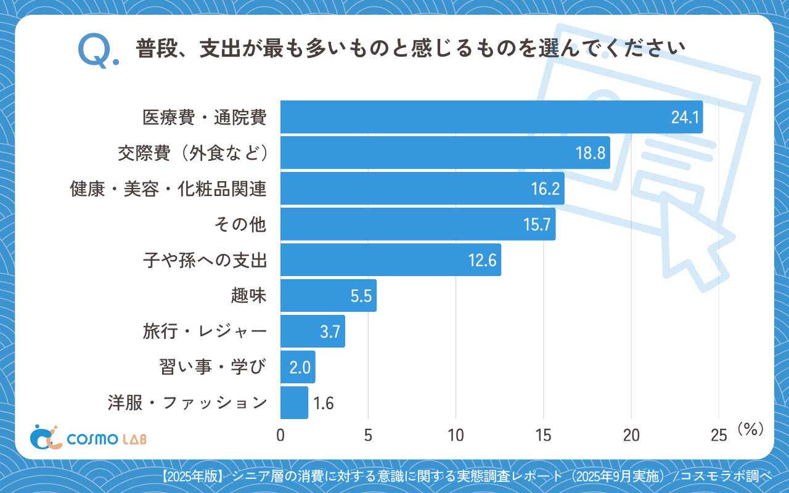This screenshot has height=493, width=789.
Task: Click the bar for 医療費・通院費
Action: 491,117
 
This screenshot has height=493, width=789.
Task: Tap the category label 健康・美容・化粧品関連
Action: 169,189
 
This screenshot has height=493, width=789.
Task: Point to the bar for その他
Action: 418,224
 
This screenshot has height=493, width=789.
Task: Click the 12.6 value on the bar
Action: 482,261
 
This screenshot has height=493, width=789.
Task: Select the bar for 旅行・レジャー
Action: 313,332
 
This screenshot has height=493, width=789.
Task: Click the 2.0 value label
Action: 299,368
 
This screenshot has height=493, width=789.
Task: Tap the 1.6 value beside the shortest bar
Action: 324,404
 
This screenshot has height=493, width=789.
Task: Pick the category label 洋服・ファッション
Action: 187,404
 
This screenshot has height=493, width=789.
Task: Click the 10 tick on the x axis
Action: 456,435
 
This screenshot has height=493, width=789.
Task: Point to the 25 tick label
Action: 719,435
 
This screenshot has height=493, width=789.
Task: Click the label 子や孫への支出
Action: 205,261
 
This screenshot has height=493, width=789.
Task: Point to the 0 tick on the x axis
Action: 280,435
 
